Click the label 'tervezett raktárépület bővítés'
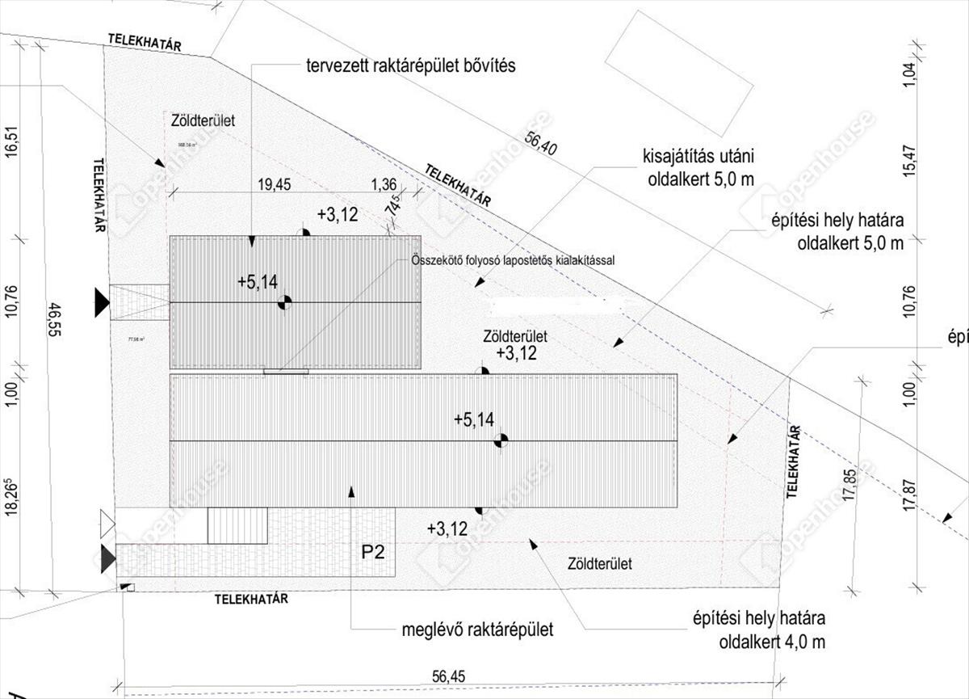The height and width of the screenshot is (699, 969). pos(409,65)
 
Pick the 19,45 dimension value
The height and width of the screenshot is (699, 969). pos(273,185)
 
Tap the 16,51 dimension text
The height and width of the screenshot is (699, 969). pos(11,144)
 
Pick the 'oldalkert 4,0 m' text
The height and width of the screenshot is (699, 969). pos(772,642)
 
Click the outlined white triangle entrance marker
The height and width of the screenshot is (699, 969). pos(107,524)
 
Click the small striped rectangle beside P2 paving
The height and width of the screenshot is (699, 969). pos(237,525)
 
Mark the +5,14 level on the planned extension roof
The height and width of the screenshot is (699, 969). pos(258,282)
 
